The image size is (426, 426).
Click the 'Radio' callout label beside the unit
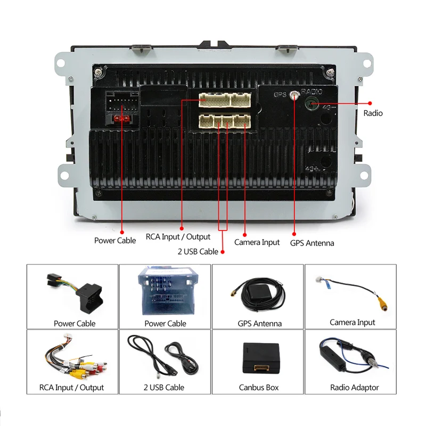[x=373, y=113]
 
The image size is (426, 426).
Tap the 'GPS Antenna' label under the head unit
[x=312, y=243]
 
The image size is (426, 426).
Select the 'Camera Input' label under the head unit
[x=257, y=242]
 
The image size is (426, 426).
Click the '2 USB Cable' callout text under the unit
[x=198, y=251]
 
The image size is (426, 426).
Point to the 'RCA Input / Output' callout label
[x=178, y=236]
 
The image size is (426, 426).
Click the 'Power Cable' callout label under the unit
[x=115, y=240]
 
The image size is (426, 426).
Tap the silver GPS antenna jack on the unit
[x=294, y=96]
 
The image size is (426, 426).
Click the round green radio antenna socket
[x=312, y=103]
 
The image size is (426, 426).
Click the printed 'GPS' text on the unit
[x=280, y=94]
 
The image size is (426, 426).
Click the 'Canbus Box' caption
[x=258, y=388]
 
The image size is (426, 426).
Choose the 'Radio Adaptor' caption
[x=354, y=388]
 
